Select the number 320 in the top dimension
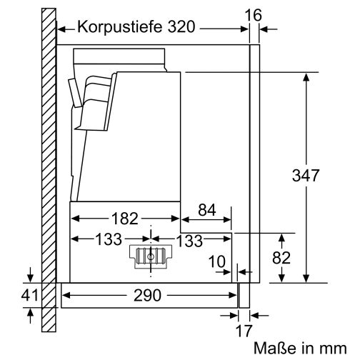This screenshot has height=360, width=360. point(183,29)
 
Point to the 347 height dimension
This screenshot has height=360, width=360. point(306,176)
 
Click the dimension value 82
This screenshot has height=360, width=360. point(282,258)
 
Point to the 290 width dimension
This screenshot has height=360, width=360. point(149,295)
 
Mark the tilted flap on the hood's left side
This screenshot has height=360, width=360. point(74,91)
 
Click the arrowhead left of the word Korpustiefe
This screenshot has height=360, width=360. point(60,29)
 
